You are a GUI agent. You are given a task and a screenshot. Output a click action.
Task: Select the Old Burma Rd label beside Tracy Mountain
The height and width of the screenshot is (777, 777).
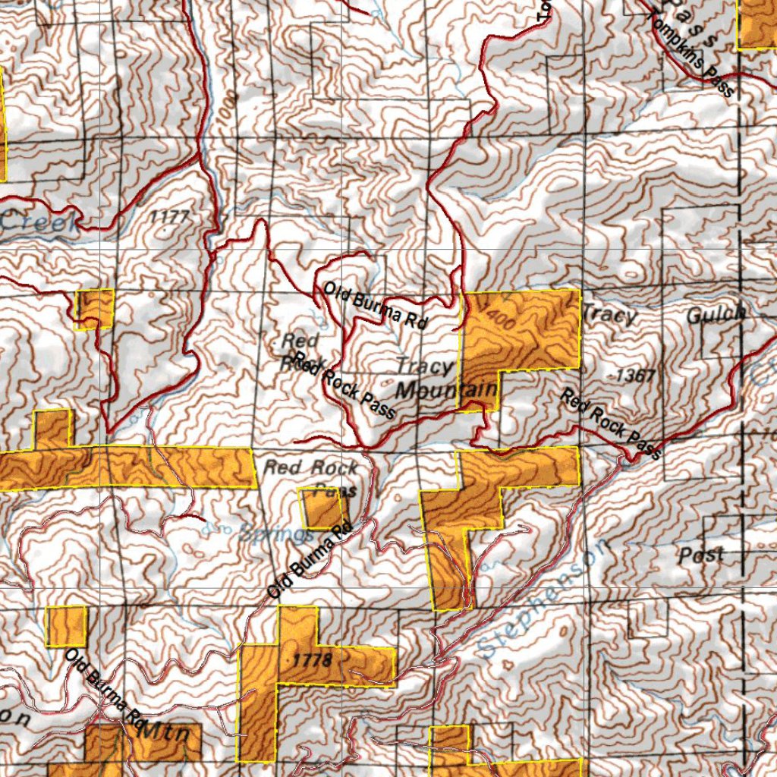[x=374, y=305]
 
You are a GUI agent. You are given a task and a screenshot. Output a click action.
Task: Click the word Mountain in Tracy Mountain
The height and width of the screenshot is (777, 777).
[x=447, y=390]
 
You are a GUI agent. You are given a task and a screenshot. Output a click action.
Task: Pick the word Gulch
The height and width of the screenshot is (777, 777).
[x=716, y=315]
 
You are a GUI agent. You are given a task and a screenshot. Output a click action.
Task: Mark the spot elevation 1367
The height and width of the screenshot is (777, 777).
[x=634, y=375]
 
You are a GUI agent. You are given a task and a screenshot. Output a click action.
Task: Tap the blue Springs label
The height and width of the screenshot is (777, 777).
[x=275, y=533]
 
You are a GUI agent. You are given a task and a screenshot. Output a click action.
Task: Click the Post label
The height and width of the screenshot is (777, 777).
[x=701, y=554]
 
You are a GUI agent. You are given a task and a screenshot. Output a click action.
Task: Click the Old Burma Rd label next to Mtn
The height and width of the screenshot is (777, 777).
[x=105, y=690]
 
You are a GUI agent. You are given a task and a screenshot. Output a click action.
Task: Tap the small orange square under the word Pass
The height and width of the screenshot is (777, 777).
[x=325, y=509]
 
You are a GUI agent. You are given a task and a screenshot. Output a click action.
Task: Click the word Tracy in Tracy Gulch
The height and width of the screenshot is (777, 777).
[x=609, y=314]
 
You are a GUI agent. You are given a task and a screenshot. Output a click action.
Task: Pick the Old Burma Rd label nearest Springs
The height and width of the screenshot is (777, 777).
[x=311, y=566]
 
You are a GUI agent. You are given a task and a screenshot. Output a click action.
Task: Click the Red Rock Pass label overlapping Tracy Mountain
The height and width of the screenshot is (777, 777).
[x=345, y=385]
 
